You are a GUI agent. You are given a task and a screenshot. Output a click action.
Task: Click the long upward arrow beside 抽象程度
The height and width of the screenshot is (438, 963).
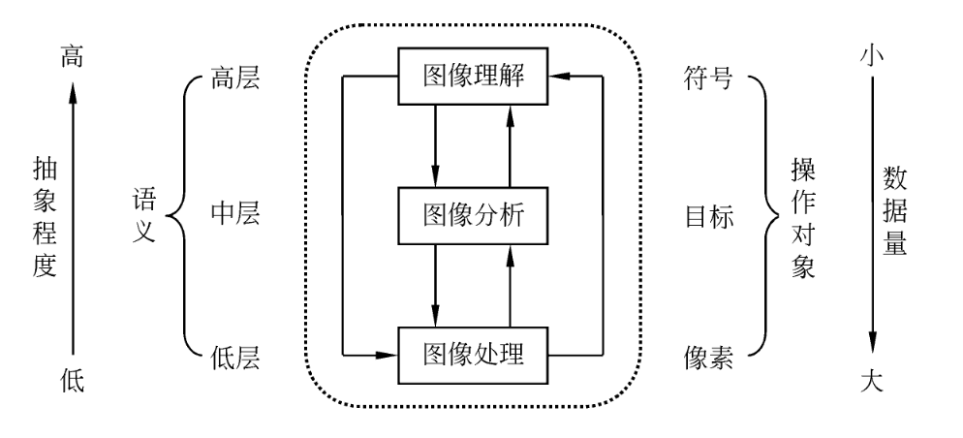(x=72, y=215)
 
